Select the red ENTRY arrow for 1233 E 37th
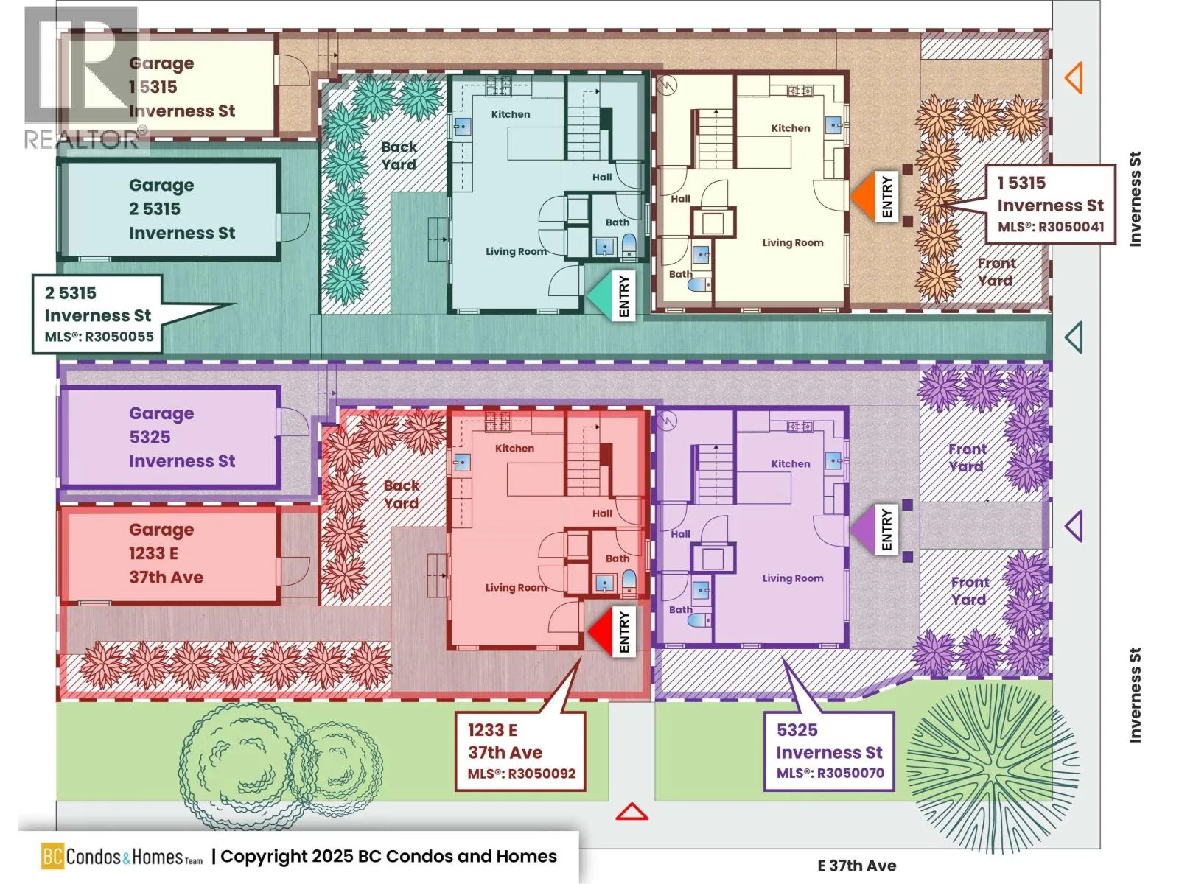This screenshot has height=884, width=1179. pos(601,631)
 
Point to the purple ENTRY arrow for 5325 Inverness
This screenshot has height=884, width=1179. pos(863,528)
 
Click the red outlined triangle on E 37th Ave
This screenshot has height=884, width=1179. pos(632,812)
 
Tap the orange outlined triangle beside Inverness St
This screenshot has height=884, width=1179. pos(1074,77)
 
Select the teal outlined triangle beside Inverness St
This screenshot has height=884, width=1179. pos(1074,337)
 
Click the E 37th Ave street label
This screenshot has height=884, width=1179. pos(857,866)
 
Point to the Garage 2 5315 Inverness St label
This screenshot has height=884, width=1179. pos(181,209)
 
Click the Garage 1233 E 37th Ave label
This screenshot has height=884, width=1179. pos(166,553)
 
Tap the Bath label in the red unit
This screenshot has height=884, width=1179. pos(618,558)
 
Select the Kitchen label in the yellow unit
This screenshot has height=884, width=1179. pos(791,128)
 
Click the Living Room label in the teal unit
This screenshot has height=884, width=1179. pos(516,252)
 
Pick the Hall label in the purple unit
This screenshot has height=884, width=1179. pos(680,534)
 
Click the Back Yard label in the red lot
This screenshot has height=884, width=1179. pos(402,494)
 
